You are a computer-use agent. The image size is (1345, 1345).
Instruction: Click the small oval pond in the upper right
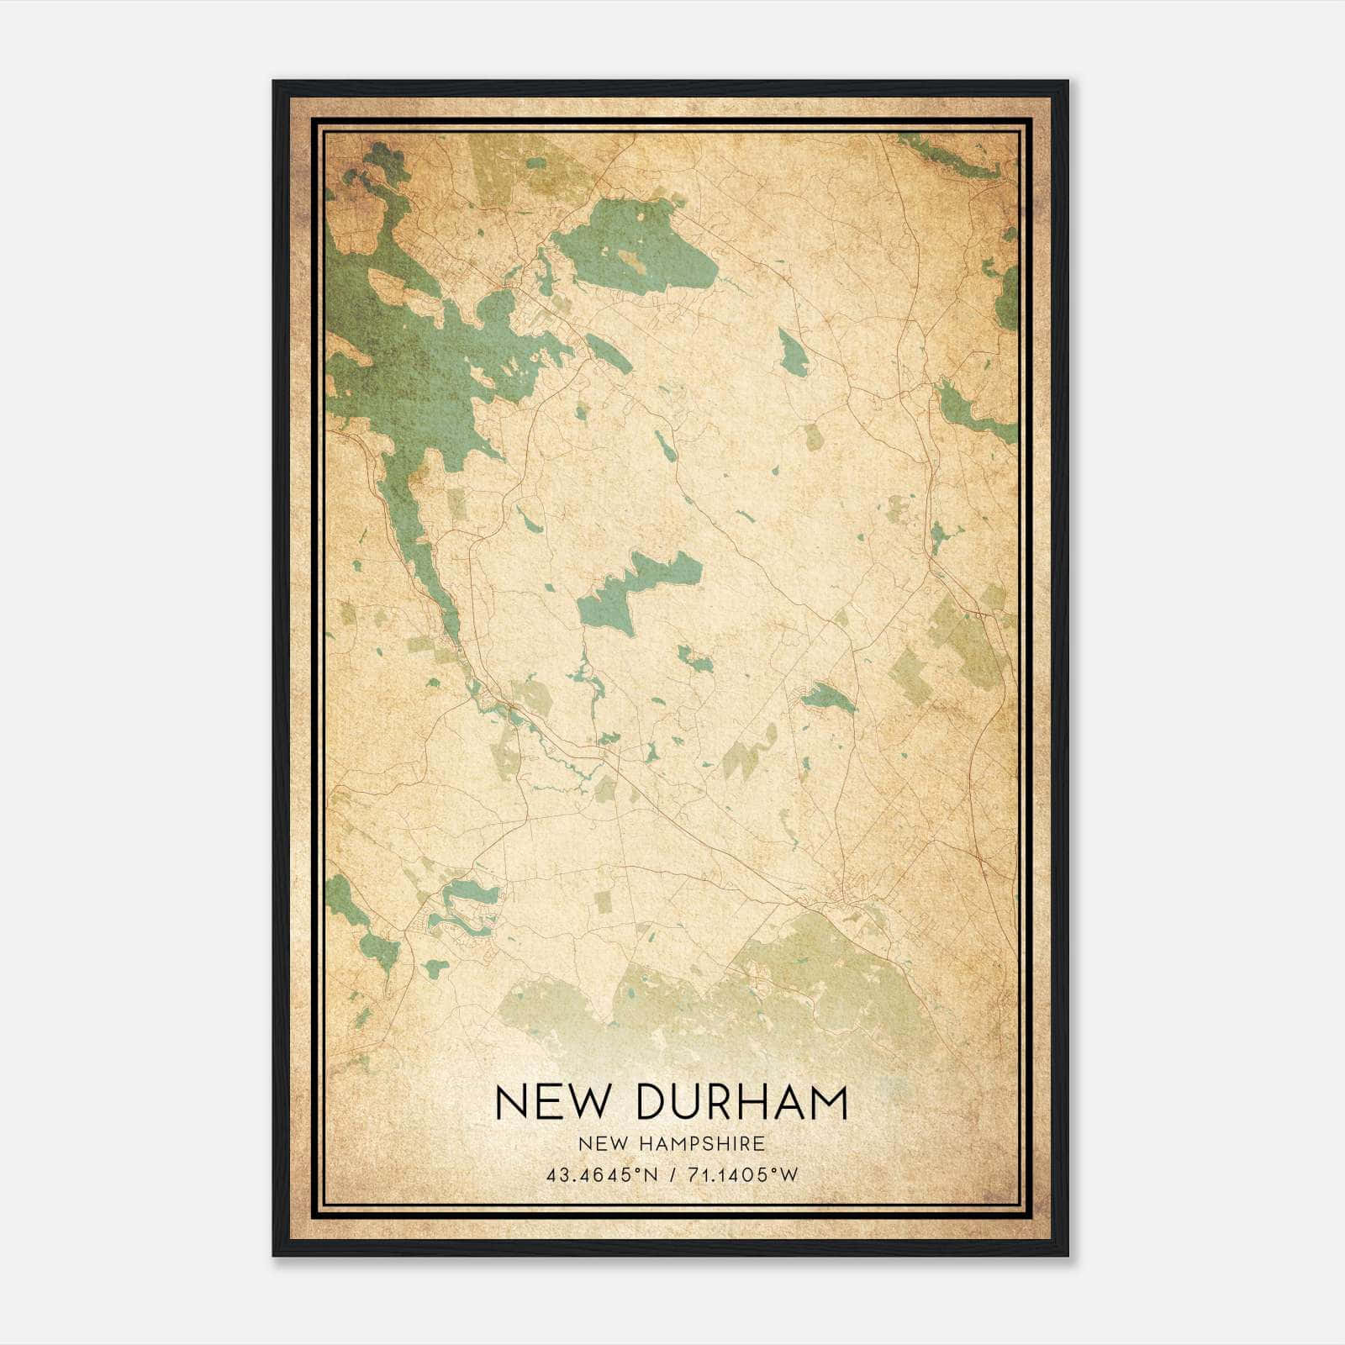tap(793, 353)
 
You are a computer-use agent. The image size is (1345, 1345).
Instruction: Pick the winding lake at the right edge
tap(975, 409)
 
